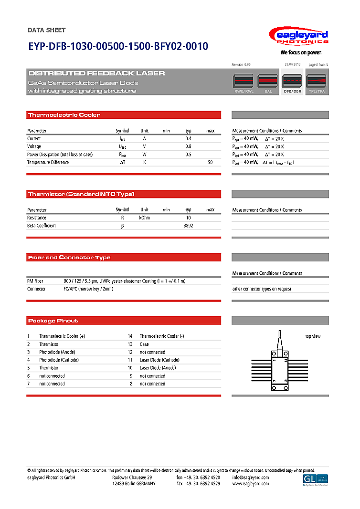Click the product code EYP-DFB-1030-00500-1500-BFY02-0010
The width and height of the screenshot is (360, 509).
pos(118,47)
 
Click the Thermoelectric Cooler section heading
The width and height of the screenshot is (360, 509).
pos(64,115)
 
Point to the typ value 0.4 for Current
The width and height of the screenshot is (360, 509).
pos(188,138)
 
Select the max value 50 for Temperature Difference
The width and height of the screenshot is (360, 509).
pos(210,163)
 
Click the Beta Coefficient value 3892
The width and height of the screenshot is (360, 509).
pos(188,226)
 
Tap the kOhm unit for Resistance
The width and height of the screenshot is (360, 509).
pos(144,218)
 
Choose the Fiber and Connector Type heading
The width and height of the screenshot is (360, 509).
pos(69,258)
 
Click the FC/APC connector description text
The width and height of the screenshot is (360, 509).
pos(88,289)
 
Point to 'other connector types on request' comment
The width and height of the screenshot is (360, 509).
pos(262,289)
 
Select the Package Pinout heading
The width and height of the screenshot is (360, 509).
pos(53,321)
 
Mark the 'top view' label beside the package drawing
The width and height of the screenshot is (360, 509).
pos(313,336)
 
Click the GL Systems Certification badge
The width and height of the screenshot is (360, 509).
pos(316,480)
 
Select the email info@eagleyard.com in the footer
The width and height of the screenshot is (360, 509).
pos(250,478)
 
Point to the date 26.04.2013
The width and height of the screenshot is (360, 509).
pos(293,64)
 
